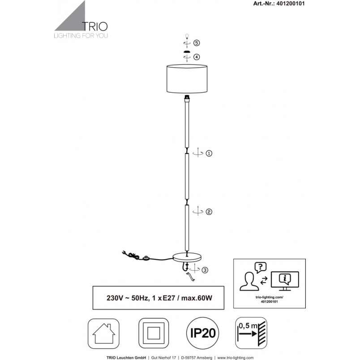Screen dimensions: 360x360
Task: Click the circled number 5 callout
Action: pyautogui.click(x=197, y=43)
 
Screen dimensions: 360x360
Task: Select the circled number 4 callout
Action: pyautogui.click(x=197, y=57)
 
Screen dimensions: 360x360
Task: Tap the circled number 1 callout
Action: pyautogui.click(x=209, y=154)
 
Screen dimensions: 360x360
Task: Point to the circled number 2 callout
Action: pyautogui.click(x=209, y=212)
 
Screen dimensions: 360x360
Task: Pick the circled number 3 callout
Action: pyautogui.click(x=205, y=270)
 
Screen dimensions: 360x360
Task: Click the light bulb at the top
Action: pyautogui.click(x=187, y=36)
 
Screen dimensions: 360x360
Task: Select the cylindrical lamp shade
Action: pyautogui.click(x=187, y=79)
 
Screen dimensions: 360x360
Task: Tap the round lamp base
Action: pyautogui.click(x=187, y=257)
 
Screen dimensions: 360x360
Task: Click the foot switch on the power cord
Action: pyautogui.click(x=146, y=258)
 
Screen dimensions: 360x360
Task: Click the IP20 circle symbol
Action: pyautogui.click(x=202, y=333)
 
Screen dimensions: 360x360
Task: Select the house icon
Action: pyautogui.click(x=103, y=334)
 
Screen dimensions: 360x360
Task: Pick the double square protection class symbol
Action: pyautogui.click(x=154, y=333)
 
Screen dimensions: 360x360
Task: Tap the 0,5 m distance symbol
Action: pyautogui.click(x=251, y=333)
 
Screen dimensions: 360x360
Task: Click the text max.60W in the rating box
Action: pyautogui.click(x=197, y=298)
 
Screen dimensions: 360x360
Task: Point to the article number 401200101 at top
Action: pyautogui.click(x=291, y=4)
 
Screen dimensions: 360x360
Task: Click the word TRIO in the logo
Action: pyautogui.click(x=94, y=26)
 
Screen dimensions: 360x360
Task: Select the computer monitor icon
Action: pyautogui.click(x=285, y=281)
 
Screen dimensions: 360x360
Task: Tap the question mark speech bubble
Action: pyautogui.click(x=260, y=267)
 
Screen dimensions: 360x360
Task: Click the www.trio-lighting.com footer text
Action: pyautogui.click(x=236, y=358)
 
